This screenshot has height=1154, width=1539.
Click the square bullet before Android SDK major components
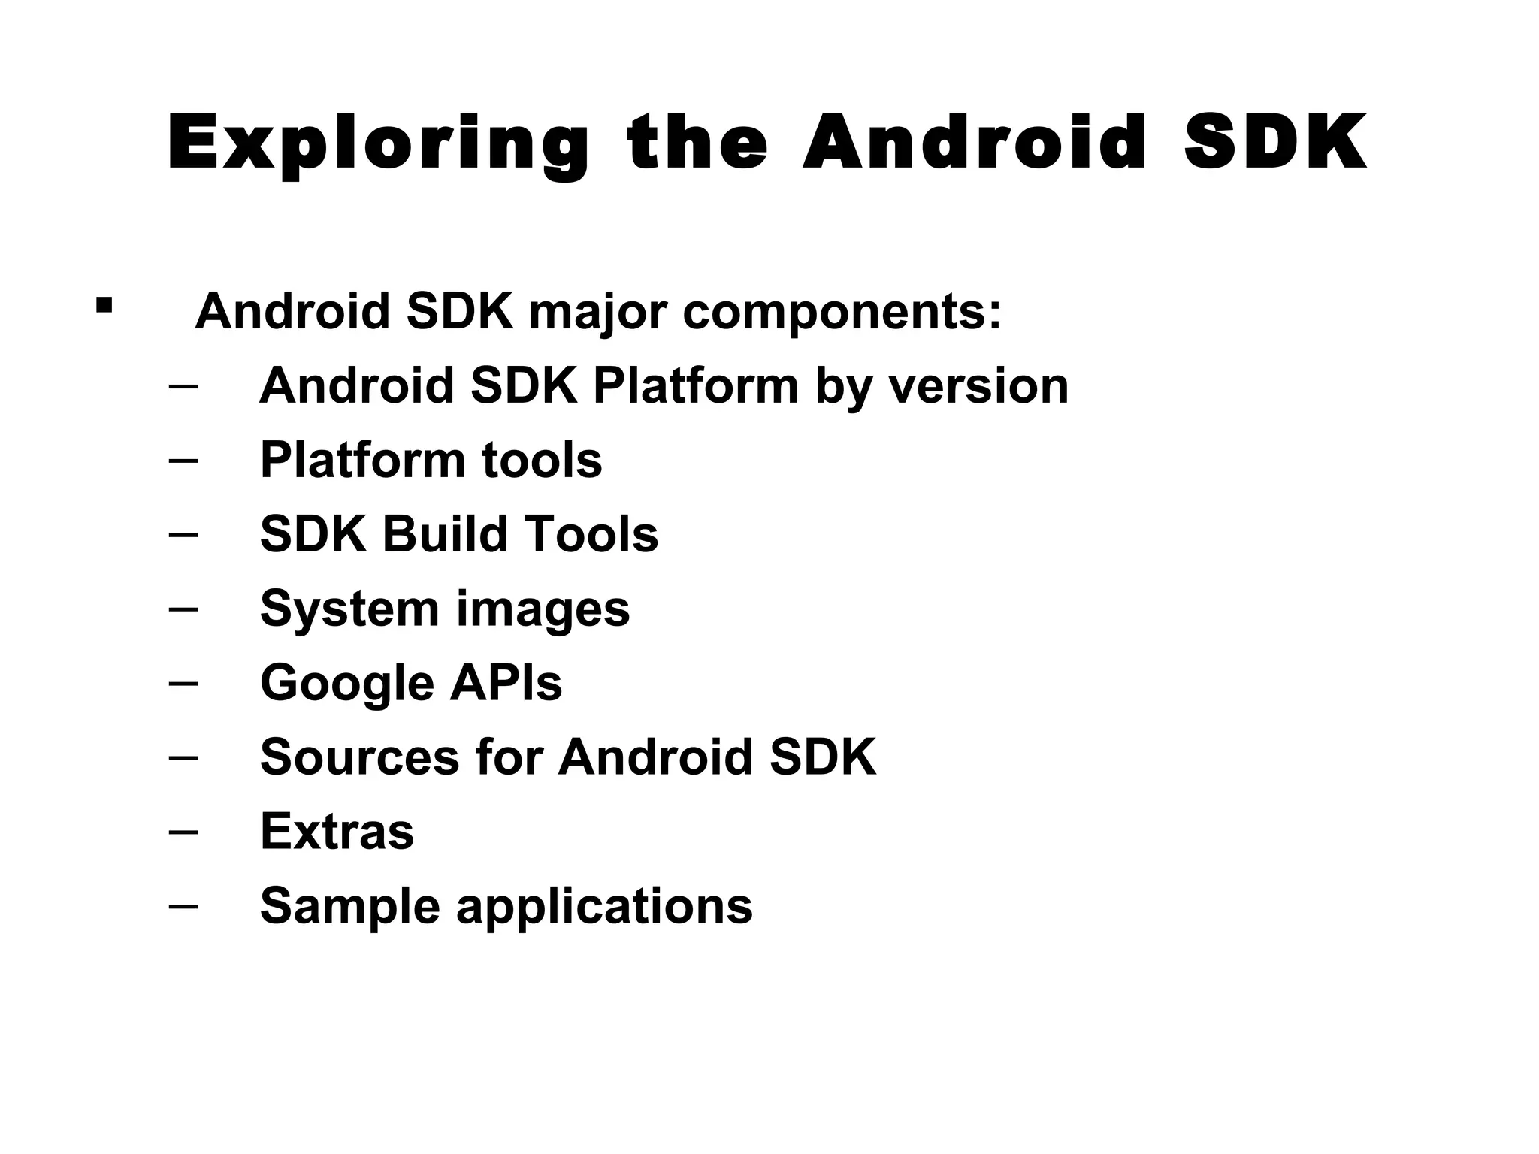pyautogui.click(x=104, y=305)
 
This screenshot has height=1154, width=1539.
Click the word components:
pyautogui.click(x=842, y=312)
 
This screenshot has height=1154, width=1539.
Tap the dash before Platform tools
pyautogui.click(x=184, y=460)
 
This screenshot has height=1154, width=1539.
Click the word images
pyautogui.click(x=543, y=610)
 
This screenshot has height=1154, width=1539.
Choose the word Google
pyautogui.click(x=346, y=683)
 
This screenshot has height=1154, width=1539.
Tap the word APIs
pyautogui.click(x=506, y=682)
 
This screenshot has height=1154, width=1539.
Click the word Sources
pyautogui.click(x=359, y=757)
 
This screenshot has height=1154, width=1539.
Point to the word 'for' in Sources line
pyautogui.click(x=509, y=757)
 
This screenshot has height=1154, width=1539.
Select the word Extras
pyautogui.click(x=337, y=831)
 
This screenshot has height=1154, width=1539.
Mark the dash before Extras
pyautogui.click(x=184, y=832)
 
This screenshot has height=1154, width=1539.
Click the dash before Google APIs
pyautogui.click(x=184, y=683)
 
